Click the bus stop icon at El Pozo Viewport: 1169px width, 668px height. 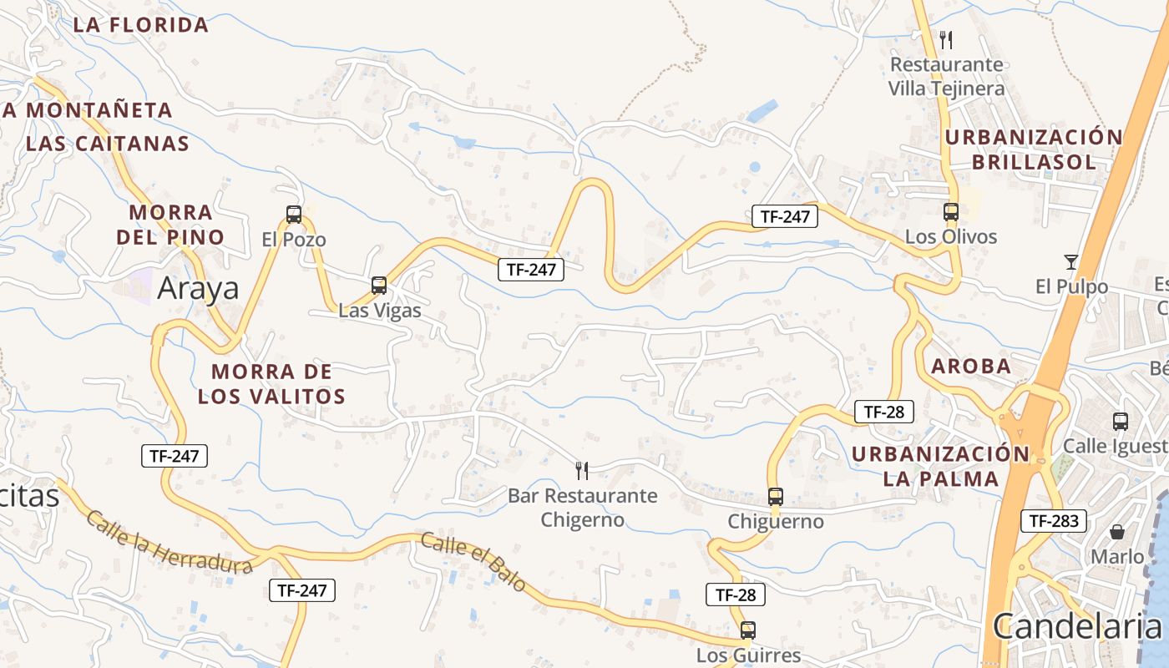[294, 215]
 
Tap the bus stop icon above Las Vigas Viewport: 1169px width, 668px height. [379, 286]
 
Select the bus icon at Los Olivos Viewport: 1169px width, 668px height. [951, 212]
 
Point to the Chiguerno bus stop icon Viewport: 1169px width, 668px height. [776, 497]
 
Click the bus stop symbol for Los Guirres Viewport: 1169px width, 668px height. [748, 630]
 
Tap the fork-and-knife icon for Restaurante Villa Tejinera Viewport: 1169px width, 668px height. [946, 39]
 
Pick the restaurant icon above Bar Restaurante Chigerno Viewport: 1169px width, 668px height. [583, 471]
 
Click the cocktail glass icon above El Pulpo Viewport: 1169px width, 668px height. [1071, 262]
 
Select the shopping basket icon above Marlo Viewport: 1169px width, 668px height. [1117, 532]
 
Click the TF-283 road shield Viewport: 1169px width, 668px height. [1054, 521]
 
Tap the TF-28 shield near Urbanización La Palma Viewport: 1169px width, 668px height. [884, 412]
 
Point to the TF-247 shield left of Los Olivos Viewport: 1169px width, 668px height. [784, 216]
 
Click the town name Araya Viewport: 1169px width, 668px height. [199, 288]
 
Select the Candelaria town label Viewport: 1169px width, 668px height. [1077, 625]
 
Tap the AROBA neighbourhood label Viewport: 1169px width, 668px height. [971, 366]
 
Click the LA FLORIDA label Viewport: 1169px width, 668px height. [141, 25]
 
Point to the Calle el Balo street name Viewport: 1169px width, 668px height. [473, 562]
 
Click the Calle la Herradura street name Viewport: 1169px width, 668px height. [170, 543]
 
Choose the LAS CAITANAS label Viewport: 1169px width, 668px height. [108, 143]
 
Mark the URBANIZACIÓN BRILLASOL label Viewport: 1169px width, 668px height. [1035, 149]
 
